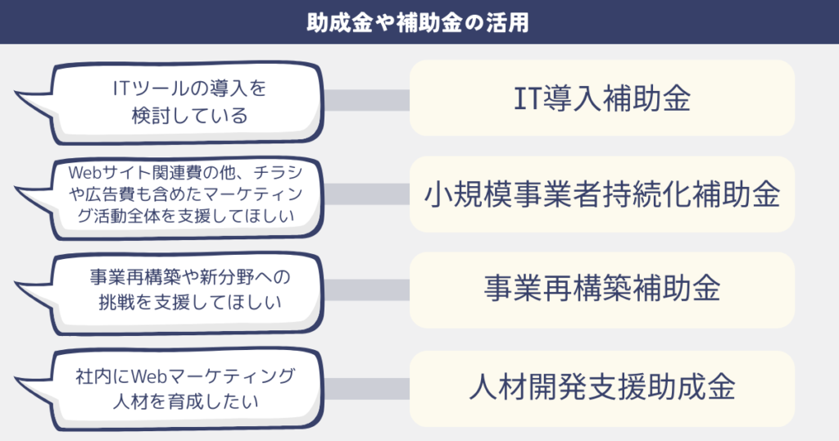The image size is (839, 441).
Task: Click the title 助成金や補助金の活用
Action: (x=418, y=22)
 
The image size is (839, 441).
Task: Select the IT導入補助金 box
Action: (x=602, y=98)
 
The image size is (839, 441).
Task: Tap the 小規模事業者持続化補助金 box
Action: (x=602, y=194)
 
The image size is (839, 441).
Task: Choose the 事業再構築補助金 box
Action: (x=602, y=289)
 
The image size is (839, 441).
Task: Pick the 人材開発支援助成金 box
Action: (x=602, y=389)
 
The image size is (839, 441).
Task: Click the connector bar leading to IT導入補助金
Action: (x=367, y=100)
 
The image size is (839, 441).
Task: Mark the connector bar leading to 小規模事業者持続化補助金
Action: (x=367, y=193)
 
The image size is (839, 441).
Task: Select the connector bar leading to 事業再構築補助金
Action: (x=367, y=289)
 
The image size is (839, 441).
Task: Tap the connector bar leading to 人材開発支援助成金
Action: (x=367, y=389)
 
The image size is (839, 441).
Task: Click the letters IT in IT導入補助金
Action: (x=528, y=98)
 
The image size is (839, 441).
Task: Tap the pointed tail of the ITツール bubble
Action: (x=17, y=95)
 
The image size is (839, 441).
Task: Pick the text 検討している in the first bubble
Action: (x=190, y=116)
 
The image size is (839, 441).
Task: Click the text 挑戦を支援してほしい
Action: (x=190, y=302)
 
